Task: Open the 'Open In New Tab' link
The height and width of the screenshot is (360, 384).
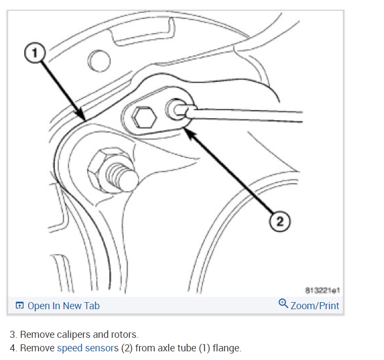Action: [x=63, y=305]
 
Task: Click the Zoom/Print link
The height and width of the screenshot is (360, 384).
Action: [x=314, y=305]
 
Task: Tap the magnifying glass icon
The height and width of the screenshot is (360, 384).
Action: [x=283, y=304]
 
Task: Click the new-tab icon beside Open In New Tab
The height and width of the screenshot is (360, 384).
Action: [x=19, y=306]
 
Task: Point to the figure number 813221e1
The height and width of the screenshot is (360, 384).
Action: [x=323, y=290]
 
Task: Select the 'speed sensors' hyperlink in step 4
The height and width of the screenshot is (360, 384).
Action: [x=88, y=348]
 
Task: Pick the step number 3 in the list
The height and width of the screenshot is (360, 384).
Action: [x=12, y=335]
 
